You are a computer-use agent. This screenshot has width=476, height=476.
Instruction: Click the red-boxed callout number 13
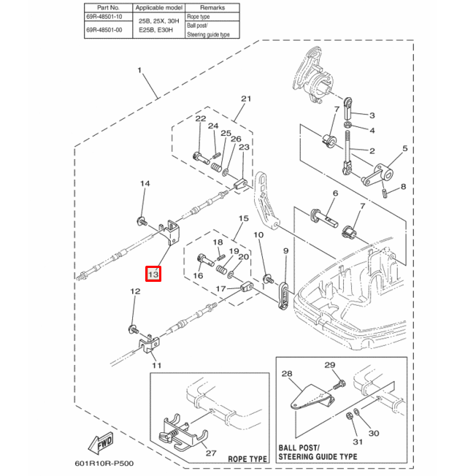point(153,275)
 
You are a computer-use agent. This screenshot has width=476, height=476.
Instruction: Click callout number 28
point(286,374)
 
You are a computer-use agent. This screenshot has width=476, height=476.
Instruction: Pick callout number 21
point(245,99)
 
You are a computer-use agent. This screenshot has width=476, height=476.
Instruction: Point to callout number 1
point(139,71)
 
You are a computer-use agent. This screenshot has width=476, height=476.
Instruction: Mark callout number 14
point(145,184)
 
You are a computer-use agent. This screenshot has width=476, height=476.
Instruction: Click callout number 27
point(212,453)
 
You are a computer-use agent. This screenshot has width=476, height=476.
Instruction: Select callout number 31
point(357,441)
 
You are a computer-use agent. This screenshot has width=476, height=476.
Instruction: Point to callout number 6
point(335,193)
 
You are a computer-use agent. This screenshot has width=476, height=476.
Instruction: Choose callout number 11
point(156,364)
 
